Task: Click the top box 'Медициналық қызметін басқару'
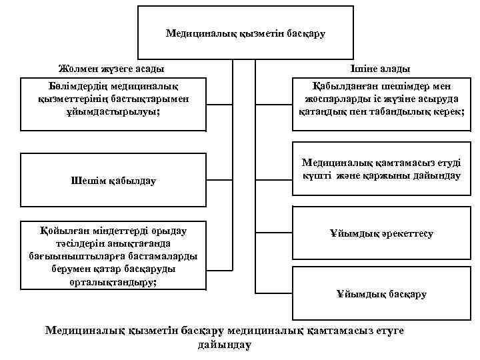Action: click(x=245, y=33)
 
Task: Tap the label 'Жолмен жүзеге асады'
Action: click(x=111, y=69)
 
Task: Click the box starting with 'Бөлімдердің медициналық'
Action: click(x=113, y=104)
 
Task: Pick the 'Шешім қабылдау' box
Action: click(x=113, y=181)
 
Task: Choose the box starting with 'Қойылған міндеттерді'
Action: click(x=113, y=256)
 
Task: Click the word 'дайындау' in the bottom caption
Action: click(x=225, y=345)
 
